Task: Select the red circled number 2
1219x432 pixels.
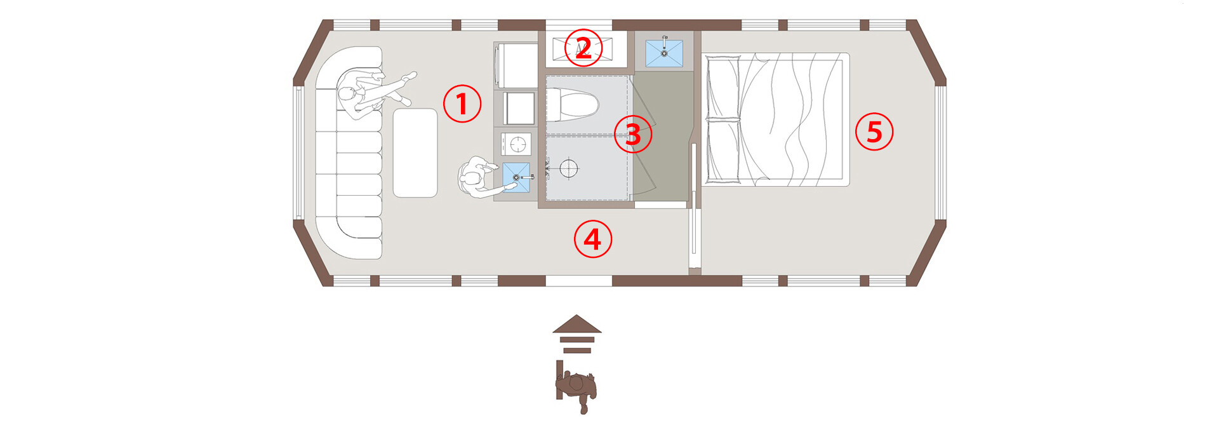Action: pyautogui.click(x=583, y=48)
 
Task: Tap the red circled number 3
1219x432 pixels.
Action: pyautogui.click(x=633, y=133)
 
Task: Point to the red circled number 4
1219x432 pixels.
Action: pyautogui.click(x=593, y=239)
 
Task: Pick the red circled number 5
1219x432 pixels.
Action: pyautogui.click(x=874, y=132)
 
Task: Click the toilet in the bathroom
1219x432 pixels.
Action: pyautogui.click(x=572, y=104)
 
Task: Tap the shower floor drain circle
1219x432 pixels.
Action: pyautogui.click(x=569, y=168)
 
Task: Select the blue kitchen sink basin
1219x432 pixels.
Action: pyautogui.click(x=516, y=177)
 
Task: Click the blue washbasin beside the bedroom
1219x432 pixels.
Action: pyautogui.click(x=664, y=53)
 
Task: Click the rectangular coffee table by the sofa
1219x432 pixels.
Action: pyautogui.click(x=415, y=152)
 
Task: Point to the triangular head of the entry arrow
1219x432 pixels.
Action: pyautogui.click(x=577, y=324)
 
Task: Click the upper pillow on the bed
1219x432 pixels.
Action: pyautogui.click(x=723, y=87)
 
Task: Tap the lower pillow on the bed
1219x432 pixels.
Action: pyautogui.click(x=723, y=149)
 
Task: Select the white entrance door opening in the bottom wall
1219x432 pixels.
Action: pyautogui.click(x=578, y=280)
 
